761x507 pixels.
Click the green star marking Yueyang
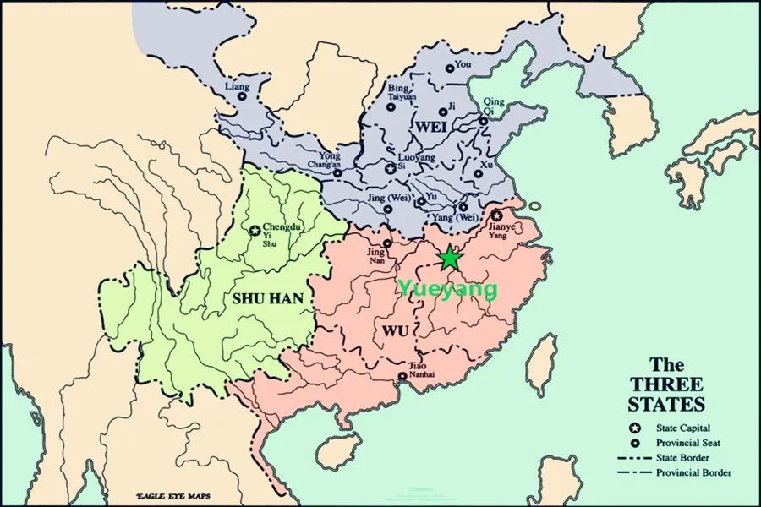(450, 258)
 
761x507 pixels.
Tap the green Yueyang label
(447, 289)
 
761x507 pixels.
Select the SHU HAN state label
(268, 298)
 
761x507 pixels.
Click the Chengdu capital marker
(255, 230)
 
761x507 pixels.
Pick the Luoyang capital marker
(390, 169)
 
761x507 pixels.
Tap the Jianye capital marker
(496, 216)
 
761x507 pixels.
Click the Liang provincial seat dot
(242, 97)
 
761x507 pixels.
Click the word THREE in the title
(666, 384)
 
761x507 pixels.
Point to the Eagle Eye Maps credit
(173, 496)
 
